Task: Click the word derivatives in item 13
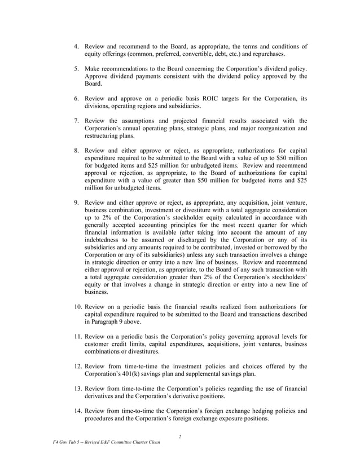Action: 100,396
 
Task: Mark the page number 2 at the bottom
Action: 179,436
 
